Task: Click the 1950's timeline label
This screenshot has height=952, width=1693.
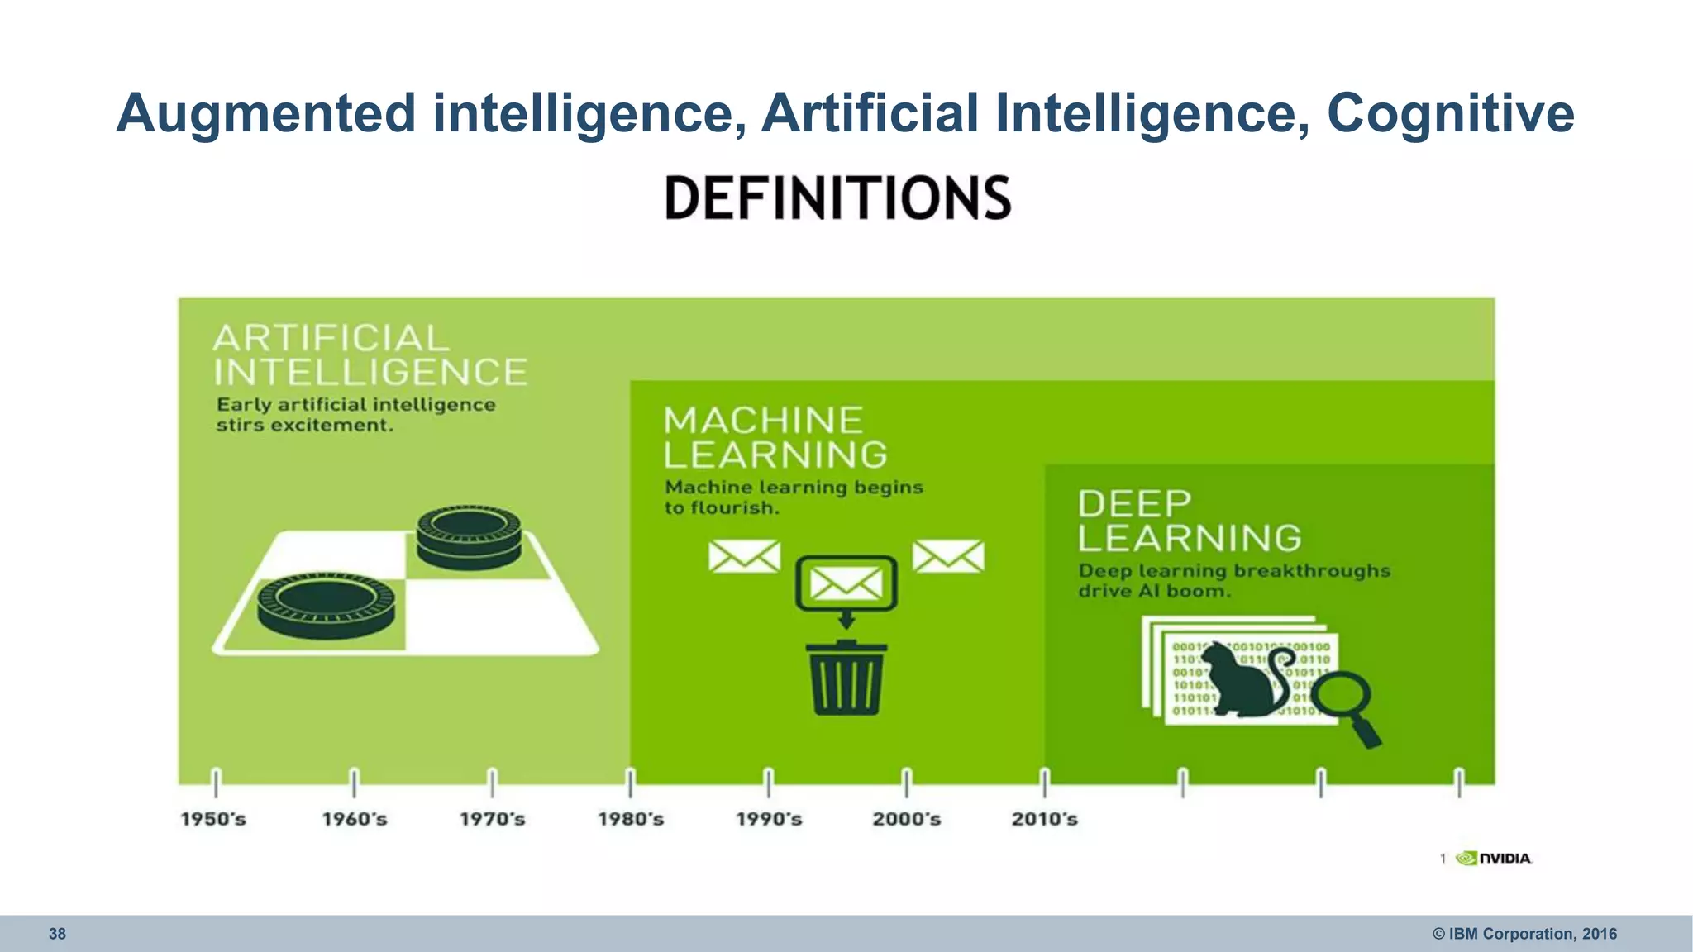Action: (213, 819)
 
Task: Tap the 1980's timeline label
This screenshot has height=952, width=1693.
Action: (631, 819)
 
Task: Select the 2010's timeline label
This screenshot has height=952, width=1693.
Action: (1045, 819)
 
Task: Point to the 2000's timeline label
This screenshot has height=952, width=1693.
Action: (907, 819)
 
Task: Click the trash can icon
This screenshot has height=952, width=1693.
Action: (846, 678)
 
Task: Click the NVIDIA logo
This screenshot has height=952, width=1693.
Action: (1495, 859)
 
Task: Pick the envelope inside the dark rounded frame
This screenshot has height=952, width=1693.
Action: (846, 584)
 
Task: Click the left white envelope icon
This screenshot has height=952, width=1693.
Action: (744, 556)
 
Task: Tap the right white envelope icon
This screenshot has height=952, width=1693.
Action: (948, 556)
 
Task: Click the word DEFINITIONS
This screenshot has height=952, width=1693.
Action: (838, 198)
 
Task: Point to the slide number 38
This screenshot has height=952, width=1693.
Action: (57, 934)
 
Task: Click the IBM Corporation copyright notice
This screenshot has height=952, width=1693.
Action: (1524, 934)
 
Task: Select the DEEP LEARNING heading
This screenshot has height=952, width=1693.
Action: (1189, 521)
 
